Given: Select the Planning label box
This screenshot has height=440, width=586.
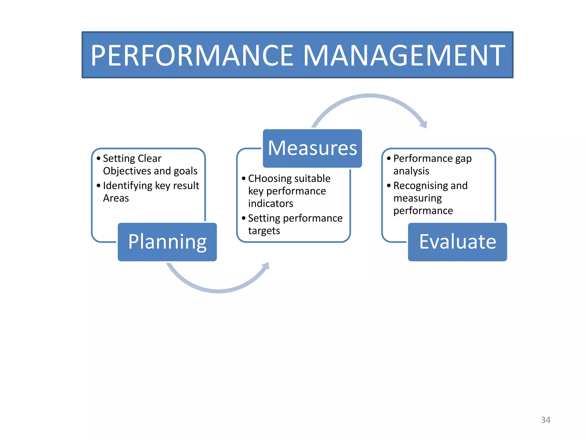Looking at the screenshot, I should (x=167, y=242).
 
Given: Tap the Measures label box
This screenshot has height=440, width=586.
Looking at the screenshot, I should (x=312, y=148).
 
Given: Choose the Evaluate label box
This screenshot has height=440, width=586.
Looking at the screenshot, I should (x=457, y=242).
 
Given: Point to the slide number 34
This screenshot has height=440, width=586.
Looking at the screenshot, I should (x=545, y=420).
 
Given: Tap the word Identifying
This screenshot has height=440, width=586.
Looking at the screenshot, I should (x=128, y=186).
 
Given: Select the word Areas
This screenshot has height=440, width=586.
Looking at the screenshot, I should (x=116, y=198).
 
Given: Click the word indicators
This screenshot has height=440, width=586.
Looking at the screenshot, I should (x=270, y=204).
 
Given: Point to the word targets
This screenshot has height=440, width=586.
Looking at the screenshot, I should (x=264, y=231).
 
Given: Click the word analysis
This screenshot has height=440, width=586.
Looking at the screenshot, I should (x=411, y=171).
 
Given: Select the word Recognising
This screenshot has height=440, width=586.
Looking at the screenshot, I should (x=420, y=186).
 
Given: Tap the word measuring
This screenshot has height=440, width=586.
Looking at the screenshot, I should (x=417, y=198).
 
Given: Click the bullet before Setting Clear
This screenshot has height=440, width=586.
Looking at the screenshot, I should (x=98, y=158).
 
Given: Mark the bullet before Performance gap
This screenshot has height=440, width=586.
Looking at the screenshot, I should (x=389, y=158).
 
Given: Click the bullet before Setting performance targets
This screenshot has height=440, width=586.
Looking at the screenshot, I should (x=243, y=218).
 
